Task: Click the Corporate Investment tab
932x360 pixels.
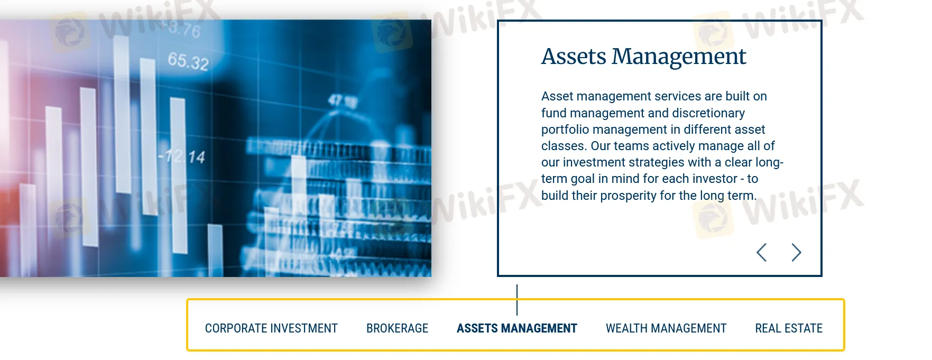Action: pyautogui.click(x=271, y=328)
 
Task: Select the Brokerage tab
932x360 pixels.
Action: pyautogui.click(x=397, y=328)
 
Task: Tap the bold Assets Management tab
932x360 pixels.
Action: pyautogui.click(x=517, y=328)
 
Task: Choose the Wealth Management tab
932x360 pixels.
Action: pyautogui.click(x=666, y=328)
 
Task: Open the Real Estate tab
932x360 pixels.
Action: pyautogui.click(x=789, y=328)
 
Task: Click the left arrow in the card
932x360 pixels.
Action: pyautogui.click(x=761, y=253)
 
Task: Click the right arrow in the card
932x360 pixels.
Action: pyautogui.click(x=797, y=253)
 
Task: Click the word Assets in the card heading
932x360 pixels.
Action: pyautogui.click(x=574, y=57)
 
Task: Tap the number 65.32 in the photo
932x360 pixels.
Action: pyautogui.click(x=189, y=61)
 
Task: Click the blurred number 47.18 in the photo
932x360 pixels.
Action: pyautogui.click(x=342, y=100)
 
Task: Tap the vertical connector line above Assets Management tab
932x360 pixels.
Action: pyautogui.click(x=517, y=300)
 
